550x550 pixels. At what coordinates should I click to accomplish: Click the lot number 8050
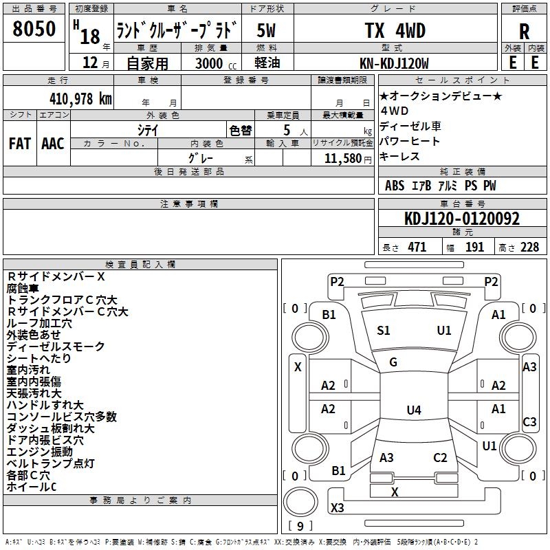(34, 29)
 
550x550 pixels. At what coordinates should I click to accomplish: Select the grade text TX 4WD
(395, 30)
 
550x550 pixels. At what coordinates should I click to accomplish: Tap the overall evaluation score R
(524, 32)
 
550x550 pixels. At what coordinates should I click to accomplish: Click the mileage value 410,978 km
(80, 98)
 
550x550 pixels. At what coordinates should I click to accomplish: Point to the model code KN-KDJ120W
(394, 63)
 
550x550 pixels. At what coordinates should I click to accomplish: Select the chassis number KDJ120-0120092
(462, 219)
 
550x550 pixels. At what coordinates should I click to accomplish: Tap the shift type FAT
(20, 144)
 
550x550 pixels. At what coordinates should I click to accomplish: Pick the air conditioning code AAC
(53, 144)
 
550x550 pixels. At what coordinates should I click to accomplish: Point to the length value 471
(417, 247)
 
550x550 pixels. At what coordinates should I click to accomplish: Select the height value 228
(529, 247)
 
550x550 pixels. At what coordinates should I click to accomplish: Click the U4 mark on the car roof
(414, 410)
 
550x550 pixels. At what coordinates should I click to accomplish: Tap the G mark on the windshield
(393, 362)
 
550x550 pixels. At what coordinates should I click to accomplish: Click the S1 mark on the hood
(384, 331)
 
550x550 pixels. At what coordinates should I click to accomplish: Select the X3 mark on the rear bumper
(337, 507)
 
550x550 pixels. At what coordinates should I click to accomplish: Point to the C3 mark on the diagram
(529, 422)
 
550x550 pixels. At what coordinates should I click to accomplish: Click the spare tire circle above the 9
(300, 502)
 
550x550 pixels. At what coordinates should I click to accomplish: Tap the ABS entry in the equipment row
(395, 186)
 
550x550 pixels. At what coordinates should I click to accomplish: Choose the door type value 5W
(266, 30)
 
